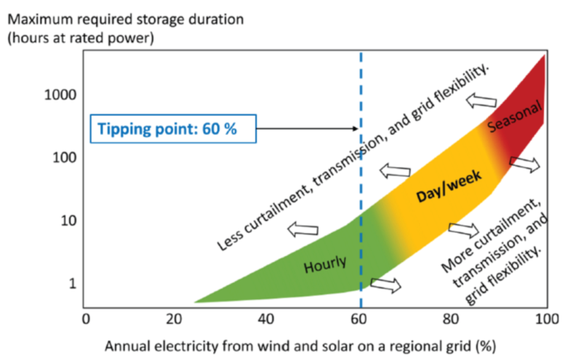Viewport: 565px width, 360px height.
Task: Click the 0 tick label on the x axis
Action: point(86,318)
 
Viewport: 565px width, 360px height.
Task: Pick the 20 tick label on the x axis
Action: point(174,318)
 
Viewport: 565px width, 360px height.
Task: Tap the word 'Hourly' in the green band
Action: point(325,265)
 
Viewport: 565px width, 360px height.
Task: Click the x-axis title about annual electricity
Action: point(300,346)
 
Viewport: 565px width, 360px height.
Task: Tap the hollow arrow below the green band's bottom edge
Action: point(386,284)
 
